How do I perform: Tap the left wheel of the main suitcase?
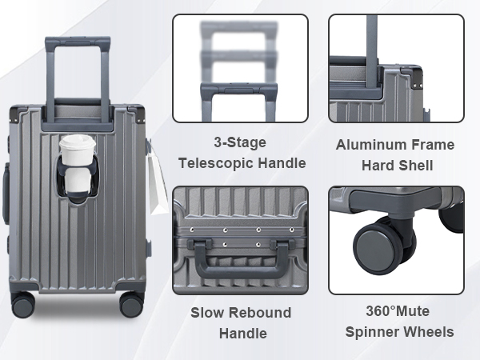click(22, 305)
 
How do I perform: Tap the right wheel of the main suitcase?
click(131, 304)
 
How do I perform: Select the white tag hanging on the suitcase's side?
click(158, 183)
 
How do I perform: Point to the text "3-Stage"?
click(240, 143)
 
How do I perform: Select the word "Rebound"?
click(260, 313)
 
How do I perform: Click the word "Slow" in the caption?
click(207, 313)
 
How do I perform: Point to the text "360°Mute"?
click(398, 311)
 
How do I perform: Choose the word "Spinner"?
click(371, 332)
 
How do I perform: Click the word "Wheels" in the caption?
click(428, 332)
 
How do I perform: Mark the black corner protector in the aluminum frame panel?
click(416, 78)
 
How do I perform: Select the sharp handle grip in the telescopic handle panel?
click(239, 90)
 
